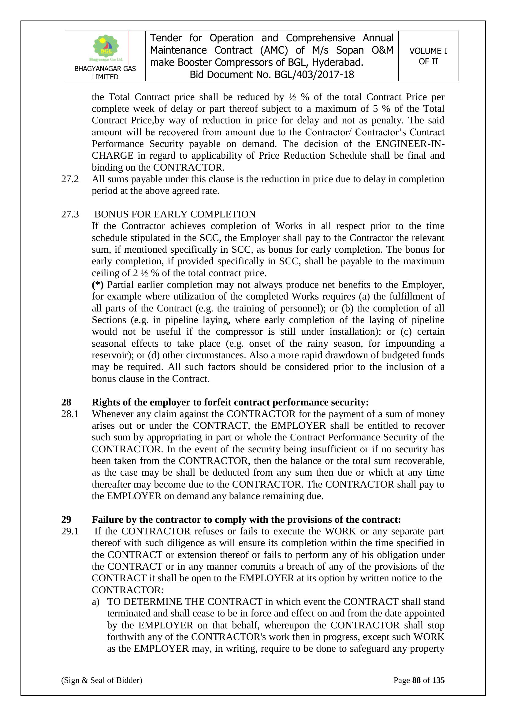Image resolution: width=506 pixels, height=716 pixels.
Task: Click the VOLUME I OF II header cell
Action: [x=428, y=56]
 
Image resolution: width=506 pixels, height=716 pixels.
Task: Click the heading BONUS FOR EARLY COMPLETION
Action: [x=175, y=214]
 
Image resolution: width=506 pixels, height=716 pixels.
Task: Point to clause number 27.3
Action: [x=70, y=214]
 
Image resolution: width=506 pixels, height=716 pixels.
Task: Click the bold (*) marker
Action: [x=98, y=285]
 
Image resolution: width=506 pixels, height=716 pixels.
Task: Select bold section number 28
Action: [x=66, y=402]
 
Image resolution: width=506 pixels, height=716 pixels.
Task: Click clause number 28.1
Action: [x=70, y=414]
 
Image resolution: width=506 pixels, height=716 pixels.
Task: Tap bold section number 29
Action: [x=66, y=519]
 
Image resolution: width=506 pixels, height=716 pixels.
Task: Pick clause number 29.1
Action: [x=70, y=531]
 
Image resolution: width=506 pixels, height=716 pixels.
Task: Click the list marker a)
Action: [x=95, y=602]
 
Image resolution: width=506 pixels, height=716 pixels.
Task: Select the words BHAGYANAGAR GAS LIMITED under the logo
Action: [x=105, y=73]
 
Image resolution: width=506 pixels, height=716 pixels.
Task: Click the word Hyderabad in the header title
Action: [x=337, y=63]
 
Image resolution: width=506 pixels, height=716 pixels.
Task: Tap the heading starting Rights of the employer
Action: [x=230, y=402]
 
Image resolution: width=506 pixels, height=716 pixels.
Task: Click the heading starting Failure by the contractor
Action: [x=246, y=519]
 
